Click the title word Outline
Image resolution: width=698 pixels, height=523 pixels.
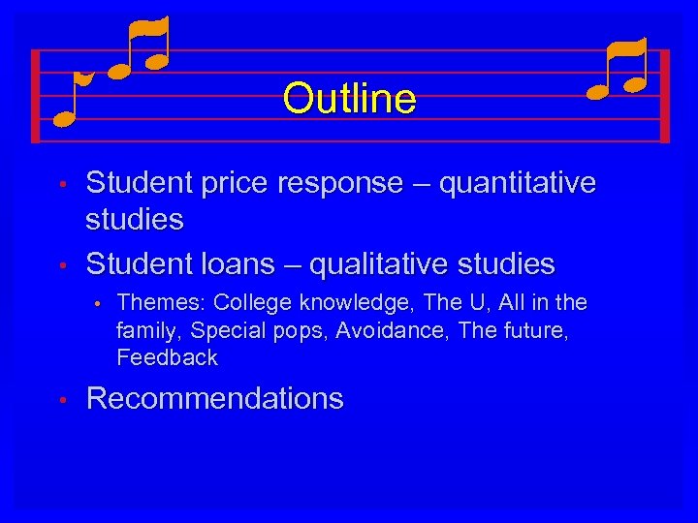click(349, 98)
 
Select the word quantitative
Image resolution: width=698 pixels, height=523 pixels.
click(518, 183)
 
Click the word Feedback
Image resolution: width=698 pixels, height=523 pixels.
click(167, 357)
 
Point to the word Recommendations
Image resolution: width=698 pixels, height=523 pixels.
click(214, 399)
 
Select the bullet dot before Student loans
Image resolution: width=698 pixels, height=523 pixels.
click(60, 264)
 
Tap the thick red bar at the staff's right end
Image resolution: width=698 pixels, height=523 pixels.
click(664, 96)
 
